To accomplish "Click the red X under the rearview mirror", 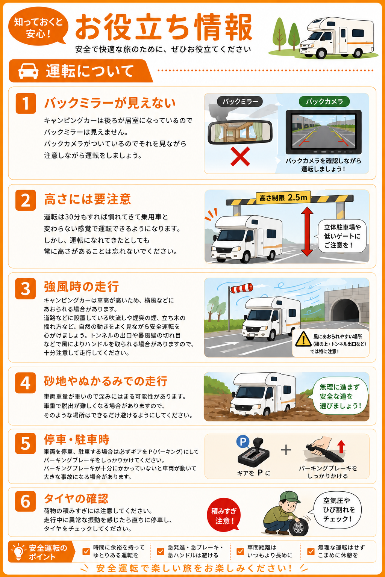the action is click(240, 156).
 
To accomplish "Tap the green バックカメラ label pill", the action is click(324, 101).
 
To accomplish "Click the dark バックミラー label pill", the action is click(240, 101).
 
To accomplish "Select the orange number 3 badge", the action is click(25, 288).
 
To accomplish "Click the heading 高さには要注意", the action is click(88, 199).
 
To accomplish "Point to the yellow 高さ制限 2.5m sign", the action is click(283, 198).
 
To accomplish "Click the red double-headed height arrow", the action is click(307, 231).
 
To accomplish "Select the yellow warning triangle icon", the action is click(303, 339).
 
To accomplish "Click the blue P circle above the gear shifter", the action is click(243, 441).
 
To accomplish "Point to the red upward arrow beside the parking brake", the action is click(341, 446).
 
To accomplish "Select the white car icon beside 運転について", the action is click(28, 71).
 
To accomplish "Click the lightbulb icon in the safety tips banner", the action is click(18, 551).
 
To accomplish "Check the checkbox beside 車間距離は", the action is click(240, 551).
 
